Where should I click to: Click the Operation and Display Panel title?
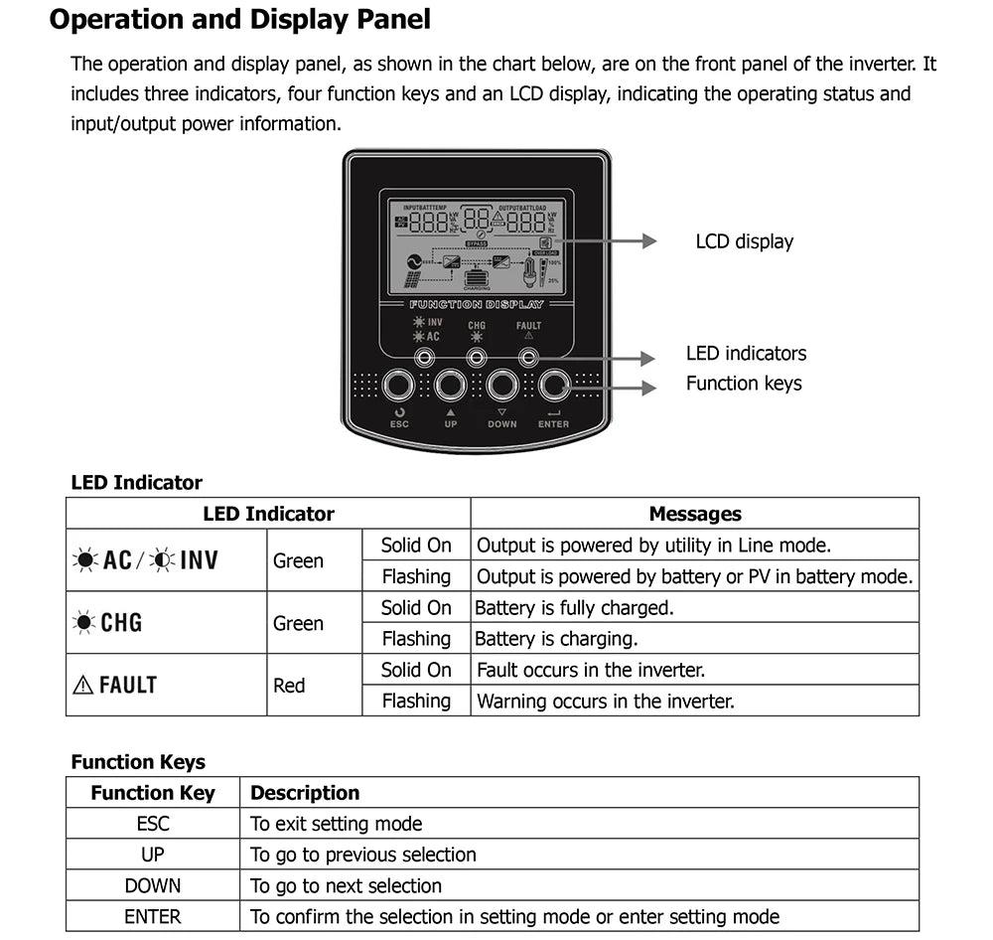point(240,19)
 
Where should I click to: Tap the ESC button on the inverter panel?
point(399,384)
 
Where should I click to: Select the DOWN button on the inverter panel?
point(502,384)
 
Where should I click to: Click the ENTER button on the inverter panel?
point(554,384)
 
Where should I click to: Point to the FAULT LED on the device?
point(528,357)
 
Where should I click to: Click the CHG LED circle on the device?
point(477,357)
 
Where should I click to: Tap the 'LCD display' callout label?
point(744,241)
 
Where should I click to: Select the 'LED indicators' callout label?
point(746,354)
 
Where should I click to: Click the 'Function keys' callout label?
point(744,384)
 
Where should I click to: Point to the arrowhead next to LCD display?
point(648,241)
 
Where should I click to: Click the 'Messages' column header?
point(694,514)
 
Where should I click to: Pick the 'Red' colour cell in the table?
point(289,686)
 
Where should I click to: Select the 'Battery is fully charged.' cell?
point(574,607)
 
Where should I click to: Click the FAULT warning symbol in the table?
point(83,685)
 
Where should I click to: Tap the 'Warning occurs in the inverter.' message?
point(606,702)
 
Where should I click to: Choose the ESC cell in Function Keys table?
point(153,824)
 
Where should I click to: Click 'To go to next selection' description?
point(346,885)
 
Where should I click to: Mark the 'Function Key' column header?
point(153,793)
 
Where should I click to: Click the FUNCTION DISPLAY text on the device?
point(477,304)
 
